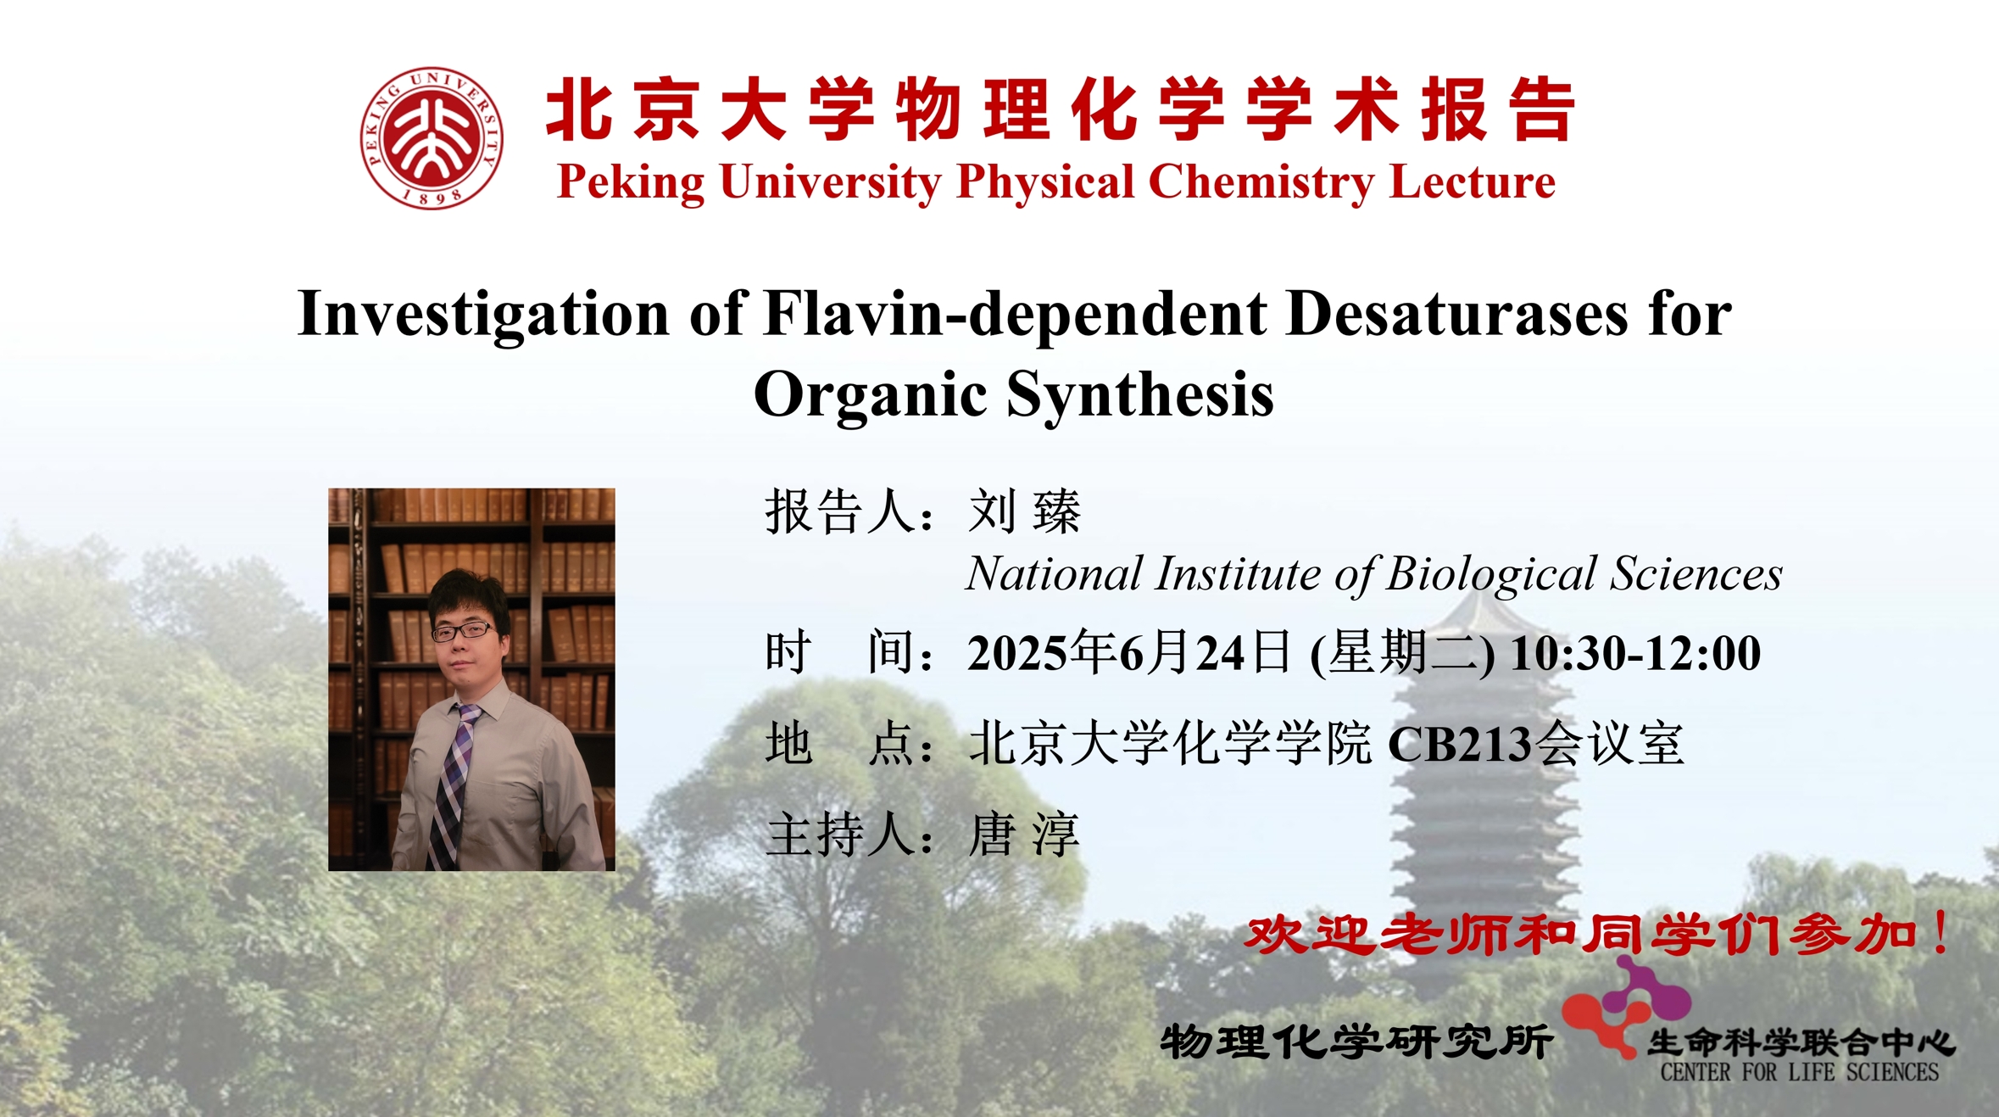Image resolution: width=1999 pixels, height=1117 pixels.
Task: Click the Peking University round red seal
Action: [x=432, y=137]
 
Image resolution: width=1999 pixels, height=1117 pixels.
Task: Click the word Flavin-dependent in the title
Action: [x=1015, y=314]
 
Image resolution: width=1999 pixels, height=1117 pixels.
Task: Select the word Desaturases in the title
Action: [x=1456, y=314]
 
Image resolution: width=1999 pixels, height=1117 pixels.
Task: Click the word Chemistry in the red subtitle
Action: [x=1261, y=182]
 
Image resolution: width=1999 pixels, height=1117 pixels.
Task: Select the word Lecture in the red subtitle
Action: [x=1473, y=182]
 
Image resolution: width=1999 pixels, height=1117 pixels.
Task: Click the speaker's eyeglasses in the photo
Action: [x=463, y=631]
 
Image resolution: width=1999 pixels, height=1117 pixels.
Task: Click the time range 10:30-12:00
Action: [x=1635, y=653]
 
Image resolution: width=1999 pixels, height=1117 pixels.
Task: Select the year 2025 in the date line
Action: [x=1017, y=653]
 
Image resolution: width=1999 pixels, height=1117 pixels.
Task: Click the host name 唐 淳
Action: [x=1023, y=835]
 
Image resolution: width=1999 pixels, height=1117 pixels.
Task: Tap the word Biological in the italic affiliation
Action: [x=1492, y=574]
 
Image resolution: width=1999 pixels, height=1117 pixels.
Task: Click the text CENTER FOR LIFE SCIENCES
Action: [x=1799, y=1072]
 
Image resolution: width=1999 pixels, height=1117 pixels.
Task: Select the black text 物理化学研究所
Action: [x=1356, y=1042]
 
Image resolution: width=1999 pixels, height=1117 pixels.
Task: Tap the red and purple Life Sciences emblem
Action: [x=1624, y=1008]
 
